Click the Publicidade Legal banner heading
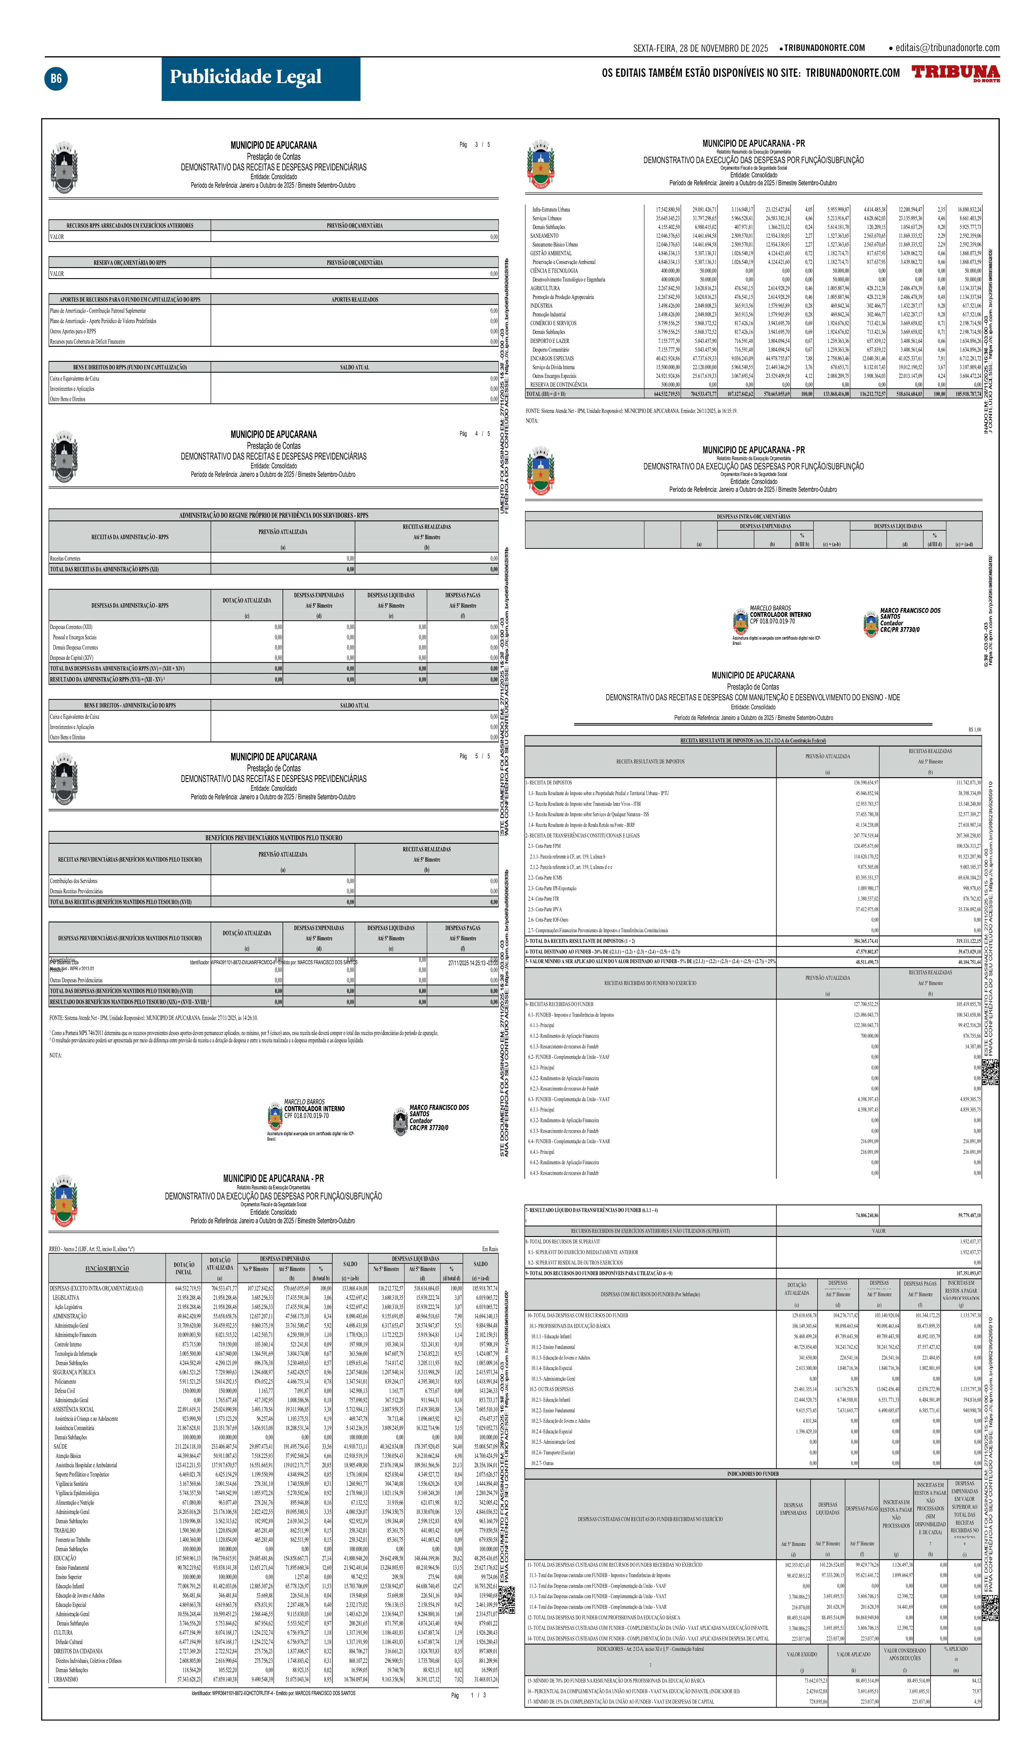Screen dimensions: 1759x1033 pos(246,77)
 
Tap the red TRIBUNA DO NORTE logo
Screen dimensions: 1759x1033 pos(955,73)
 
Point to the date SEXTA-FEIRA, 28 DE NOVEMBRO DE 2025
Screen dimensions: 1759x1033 pos(700,48)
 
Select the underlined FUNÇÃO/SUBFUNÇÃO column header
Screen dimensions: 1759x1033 pos(107,1268)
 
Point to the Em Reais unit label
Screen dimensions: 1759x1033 pos(489,1249)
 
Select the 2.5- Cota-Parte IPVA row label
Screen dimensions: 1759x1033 pos(545,909)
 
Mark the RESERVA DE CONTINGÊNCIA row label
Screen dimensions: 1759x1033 pos(558,385)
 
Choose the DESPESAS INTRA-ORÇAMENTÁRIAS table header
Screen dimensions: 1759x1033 pos(753,517)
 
